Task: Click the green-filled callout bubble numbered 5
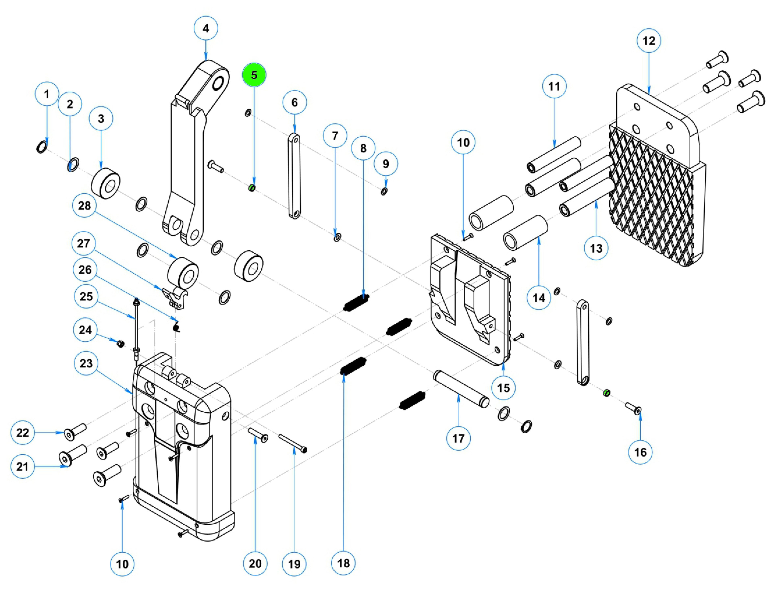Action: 254,75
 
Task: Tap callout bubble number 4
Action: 206,28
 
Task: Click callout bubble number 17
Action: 458,438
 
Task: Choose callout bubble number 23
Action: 86,363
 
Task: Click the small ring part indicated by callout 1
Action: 42,146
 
